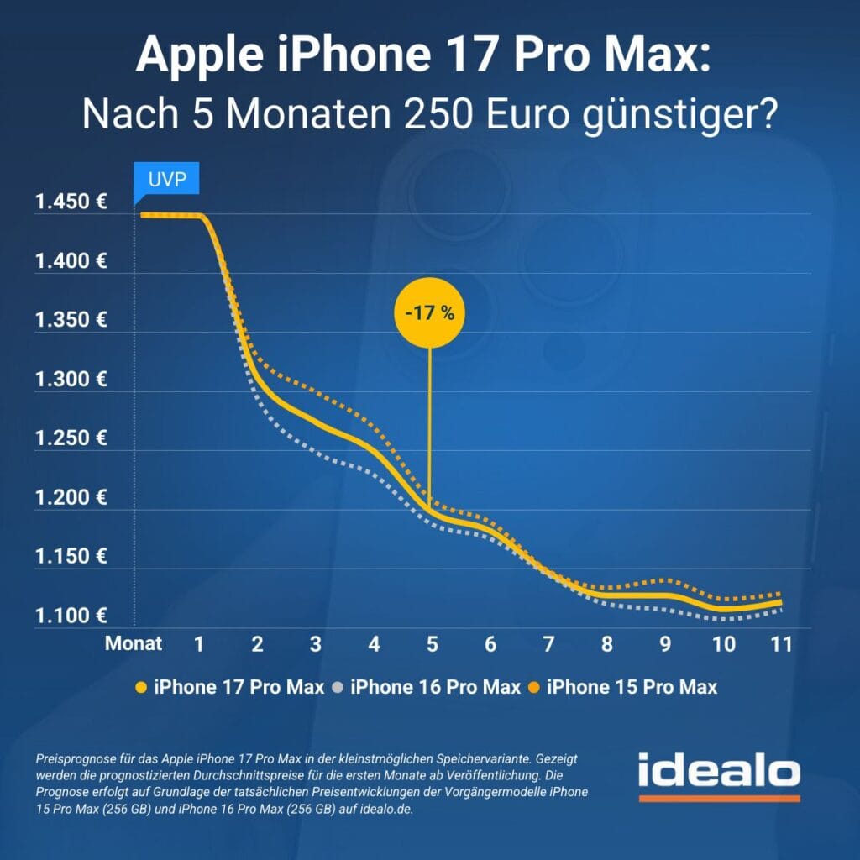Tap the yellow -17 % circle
click(429, 314)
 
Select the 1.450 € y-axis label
click(71, 202)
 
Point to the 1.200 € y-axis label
click(71, 497)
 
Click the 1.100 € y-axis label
click(71, 616)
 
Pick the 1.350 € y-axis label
click(71, 320)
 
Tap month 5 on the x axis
click(433, 644)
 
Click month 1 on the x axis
click(199, 644)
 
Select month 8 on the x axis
click(607, 644)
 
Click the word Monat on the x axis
click(134, 644)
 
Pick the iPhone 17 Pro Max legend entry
click(230, 687)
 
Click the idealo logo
click(718, 774)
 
